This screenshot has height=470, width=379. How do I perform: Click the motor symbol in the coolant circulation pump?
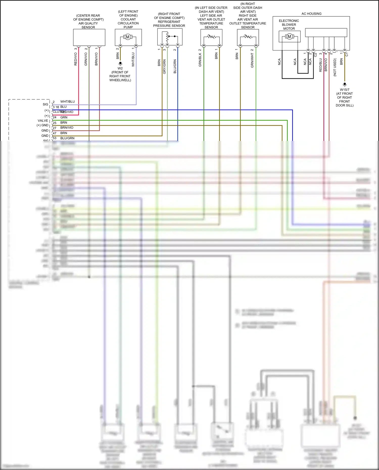coord(128,37)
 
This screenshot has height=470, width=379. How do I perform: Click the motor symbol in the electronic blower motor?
coord(289,37)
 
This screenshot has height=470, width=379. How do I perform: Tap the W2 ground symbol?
coord(120,63)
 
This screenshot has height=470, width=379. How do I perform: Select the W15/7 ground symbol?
coord(345,84)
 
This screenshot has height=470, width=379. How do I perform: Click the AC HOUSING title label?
coord(311,14)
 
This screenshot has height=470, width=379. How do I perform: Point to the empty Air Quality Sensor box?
coord(89,37)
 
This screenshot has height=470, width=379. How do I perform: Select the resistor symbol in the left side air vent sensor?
coord(211,37)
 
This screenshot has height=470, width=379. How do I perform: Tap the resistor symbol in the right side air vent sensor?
coord(248,37)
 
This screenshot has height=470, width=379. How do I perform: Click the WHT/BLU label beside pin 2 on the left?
coord(67,102)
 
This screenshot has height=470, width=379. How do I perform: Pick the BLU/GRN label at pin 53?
coord(67,138)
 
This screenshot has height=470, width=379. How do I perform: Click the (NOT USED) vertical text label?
coord(335,67)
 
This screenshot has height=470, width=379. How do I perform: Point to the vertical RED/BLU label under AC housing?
coord(320,65)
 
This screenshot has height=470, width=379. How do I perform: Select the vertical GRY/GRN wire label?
coord(164,67)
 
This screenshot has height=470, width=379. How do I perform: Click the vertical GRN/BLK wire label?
coord(200,60)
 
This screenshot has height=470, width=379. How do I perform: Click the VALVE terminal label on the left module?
coord(43,121)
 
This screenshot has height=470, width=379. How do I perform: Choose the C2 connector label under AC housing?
coord(315,55)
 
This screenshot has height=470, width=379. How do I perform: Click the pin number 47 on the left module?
coord(54,133)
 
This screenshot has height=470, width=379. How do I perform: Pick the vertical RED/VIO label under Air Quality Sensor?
coord(75,59)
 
